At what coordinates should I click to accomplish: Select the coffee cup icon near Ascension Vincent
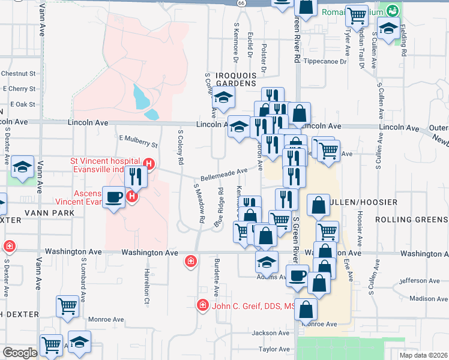113,197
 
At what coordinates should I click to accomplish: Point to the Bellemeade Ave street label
224,175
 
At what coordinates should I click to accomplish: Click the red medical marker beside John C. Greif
203,306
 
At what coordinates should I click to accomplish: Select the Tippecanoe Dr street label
325,61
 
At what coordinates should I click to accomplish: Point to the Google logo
20,352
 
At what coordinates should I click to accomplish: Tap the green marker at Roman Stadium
392,11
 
